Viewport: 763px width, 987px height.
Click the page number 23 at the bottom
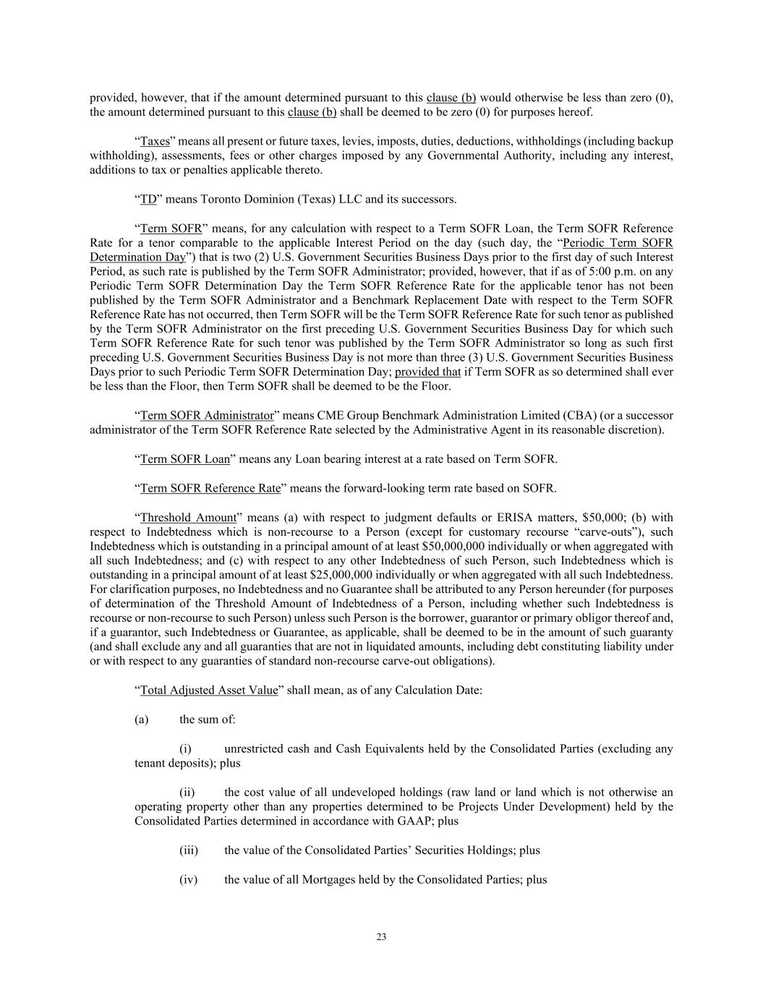pos(381,937)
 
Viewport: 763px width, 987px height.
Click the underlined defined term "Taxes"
pos(155,142)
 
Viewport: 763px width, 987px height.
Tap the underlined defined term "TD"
pos(148,200)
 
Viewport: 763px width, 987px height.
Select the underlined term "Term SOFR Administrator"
pos(207,416)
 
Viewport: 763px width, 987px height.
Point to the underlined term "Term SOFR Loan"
pos(184,459)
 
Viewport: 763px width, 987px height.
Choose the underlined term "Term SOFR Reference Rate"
pos(210,488)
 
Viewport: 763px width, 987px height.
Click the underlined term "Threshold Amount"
pos(188,518)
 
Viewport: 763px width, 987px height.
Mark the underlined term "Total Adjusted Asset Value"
pos(209,690)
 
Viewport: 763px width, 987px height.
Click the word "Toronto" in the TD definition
pos(221,200)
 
